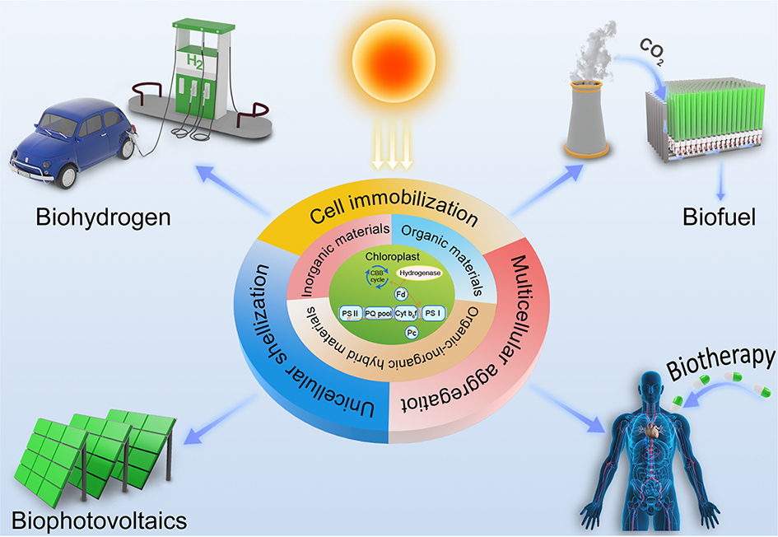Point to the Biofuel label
pos(712,219)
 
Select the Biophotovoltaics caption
pos(100,521)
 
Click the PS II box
pos(350,314)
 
